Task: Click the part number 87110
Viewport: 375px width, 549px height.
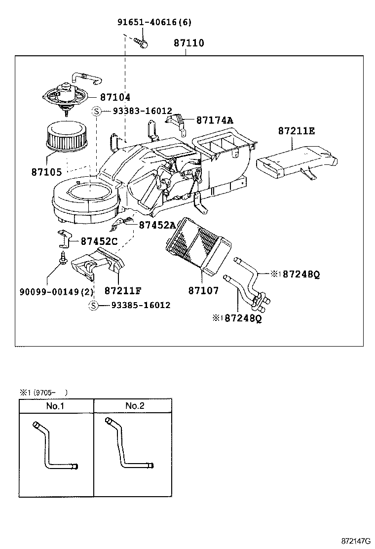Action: tap(189, 43)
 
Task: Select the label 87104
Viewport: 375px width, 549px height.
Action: tap(115, 97)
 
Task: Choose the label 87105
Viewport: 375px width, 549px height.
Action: tap(46, 172)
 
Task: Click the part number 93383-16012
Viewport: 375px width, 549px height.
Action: tap(143, 111)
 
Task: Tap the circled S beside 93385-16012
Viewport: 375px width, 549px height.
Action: tap(93, 305)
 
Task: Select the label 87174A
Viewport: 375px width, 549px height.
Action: tap(215, 120)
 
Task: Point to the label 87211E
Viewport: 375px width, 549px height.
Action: tap(297, 131)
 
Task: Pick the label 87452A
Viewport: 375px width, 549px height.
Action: tap(157, 225)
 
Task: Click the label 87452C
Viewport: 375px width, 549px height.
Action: tap(99, 241)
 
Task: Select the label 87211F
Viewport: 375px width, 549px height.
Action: tap(123, 291)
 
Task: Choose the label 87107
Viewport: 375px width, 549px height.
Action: tap(203, 290)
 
